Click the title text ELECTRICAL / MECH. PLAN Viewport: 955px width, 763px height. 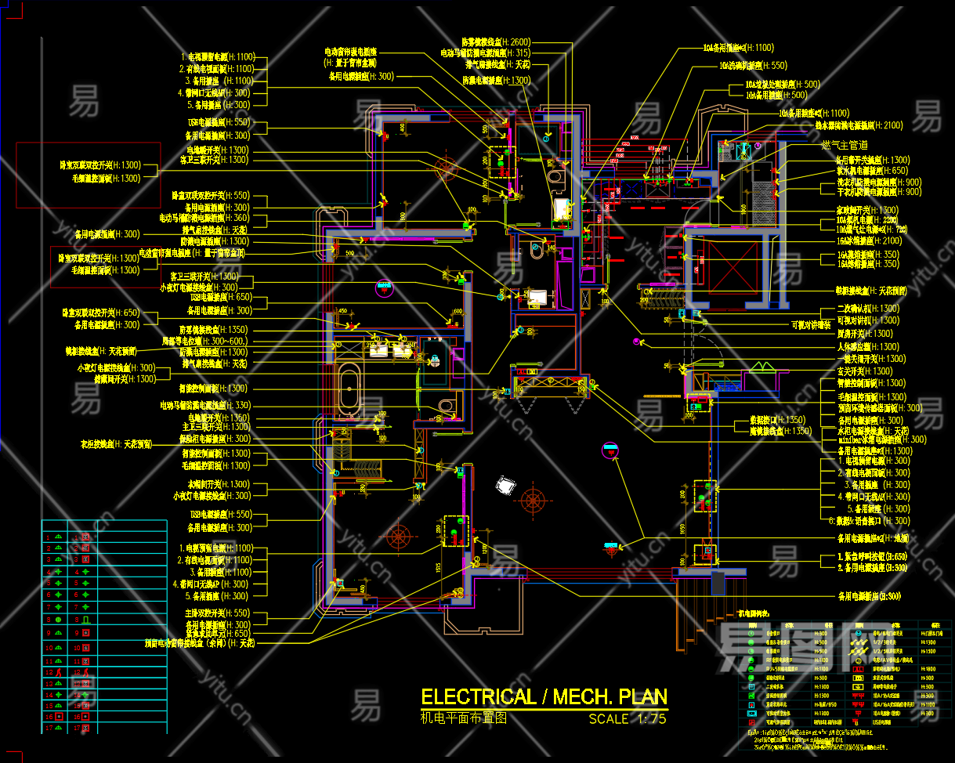[544, 697]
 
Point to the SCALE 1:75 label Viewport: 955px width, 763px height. [628, 718]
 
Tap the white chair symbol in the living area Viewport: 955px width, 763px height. [505, 486]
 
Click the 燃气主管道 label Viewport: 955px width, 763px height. [844, 145]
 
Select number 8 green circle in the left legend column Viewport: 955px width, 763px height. [58, 619]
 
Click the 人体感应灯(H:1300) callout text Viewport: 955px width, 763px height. [868, 347]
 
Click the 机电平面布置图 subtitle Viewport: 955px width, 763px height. [464, 718]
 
